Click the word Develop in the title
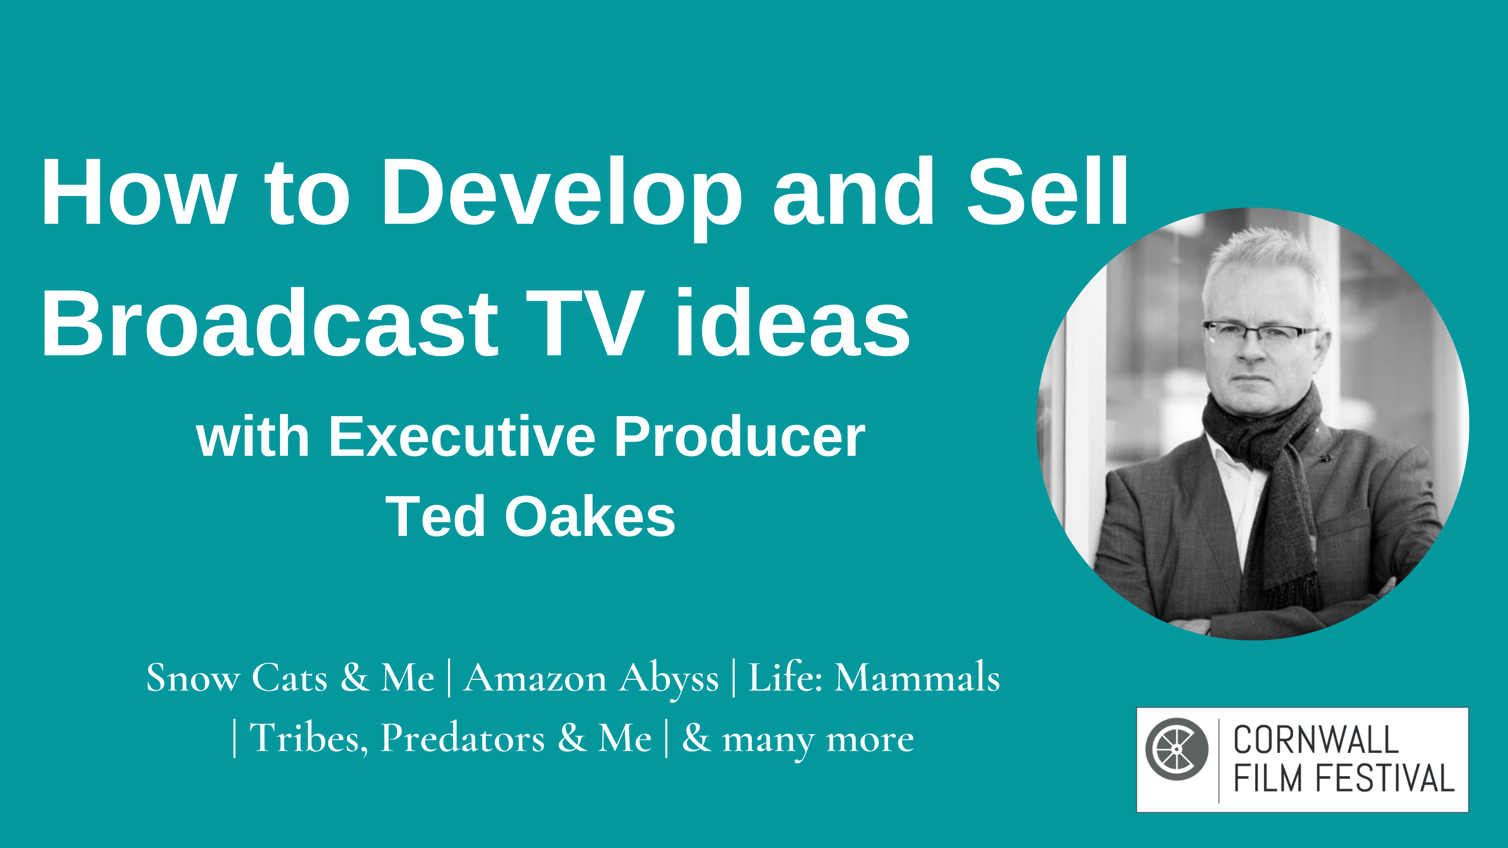(561, 193)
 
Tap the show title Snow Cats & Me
(290, 678)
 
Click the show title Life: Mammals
(874, 678)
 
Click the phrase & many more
(797, 738)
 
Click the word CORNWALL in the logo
(1316, 740)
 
